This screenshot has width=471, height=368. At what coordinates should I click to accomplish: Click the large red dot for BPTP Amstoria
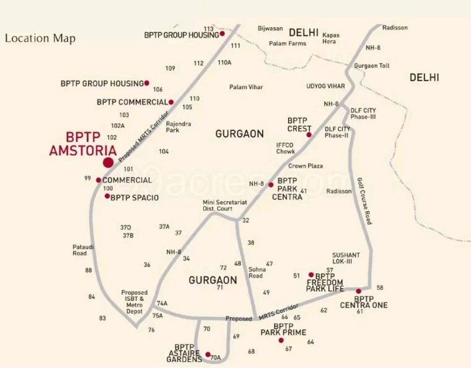[x=108, y=162]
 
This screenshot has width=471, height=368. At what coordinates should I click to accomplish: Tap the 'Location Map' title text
[x=40, y=38]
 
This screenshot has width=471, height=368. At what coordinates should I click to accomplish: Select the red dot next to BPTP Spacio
[x=107, y=196]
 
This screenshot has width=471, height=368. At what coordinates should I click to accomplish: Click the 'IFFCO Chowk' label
[x=286, y=147]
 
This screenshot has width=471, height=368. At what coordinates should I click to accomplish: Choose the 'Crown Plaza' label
[x=306, y=166]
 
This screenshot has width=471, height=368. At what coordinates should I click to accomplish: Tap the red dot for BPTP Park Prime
[x=281, y=340]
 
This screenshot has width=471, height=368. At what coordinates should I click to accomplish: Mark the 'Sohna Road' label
[x=256, y=273]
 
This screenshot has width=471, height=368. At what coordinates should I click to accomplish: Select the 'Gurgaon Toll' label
[x=372, y=65]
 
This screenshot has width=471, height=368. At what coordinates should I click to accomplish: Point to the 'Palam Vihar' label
[x=246, y=87]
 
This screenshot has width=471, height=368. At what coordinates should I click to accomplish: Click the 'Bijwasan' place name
[x=270, y=28]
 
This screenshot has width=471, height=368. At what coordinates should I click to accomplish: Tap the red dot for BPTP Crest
[x=309, y=134]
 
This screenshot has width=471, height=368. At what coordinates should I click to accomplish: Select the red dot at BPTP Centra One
[x=358, y=291]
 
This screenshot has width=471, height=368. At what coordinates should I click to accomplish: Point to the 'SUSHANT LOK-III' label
[x=351, y=258]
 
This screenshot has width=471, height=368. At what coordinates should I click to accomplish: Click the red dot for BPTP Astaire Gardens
[x=208, y=355]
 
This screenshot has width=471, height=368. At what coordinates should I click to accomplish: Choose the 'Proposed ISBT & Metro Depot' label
[x=134, y=300]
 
